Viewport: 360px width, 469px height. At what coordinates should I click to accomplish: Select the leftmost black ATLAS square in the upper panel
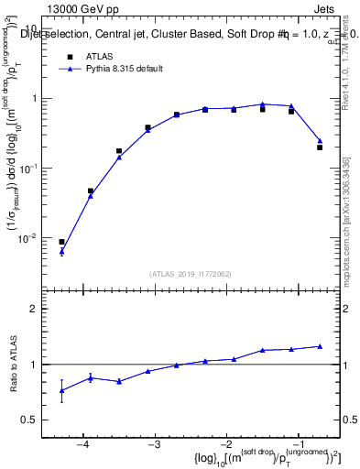point(61,242)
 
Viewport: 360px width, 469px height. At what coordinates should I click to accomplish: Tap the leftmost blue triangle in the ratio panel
point(61,390)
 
